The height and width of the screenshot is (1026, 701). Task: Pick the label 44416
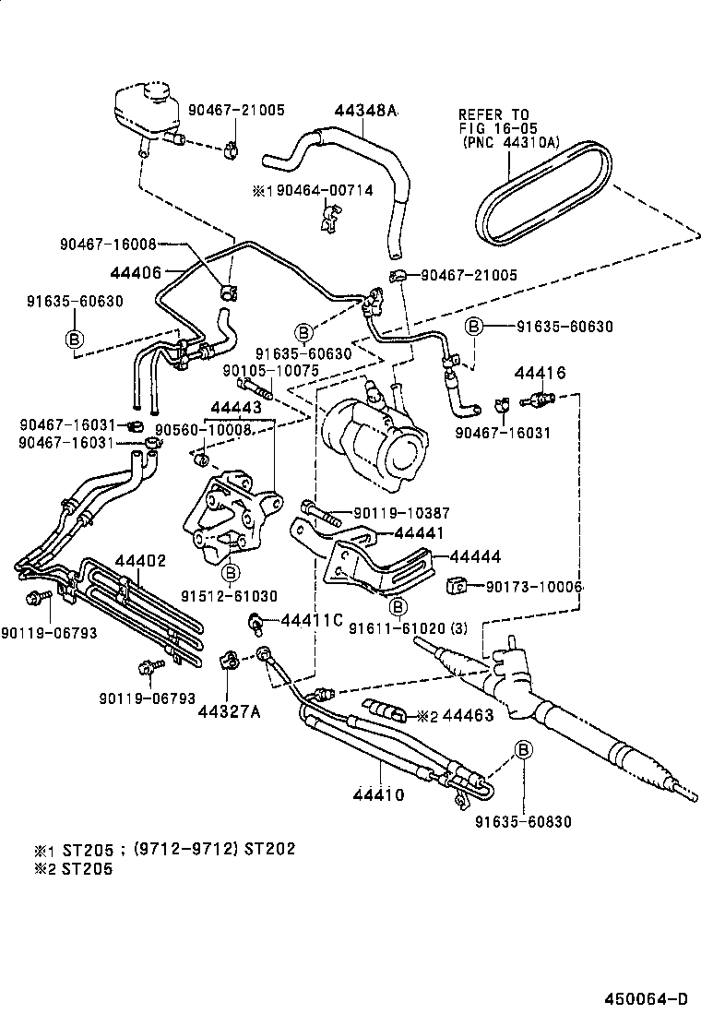pyautogui.click(x=540, y=373)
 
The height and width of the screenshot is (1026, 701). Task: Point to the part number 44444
pyautogui.click(x=475, y=556)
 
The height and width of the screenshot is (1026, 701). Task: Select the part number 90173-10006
pyautogui.click(x=534, y=586)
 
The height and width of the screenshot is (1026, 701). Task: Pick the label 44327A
pyautogui.click(x=228, y=711)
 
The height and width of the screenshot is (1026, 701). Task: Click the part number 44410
pyautogui.click(x=378, y=793)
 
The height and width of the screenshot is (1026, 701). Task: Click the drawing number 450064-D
pyautogui.click(x=646, y=998)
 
